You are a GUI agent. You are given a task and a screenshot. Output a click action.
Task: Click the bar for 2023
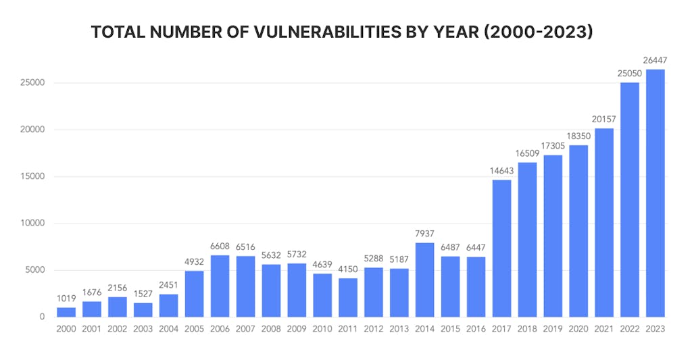click(x=655, y=193)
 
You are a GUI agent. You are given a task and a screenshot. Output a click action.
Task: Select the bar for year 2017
click(x=501, y=249)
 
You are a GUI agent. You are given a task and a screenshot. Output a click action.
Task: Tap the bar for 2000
click(x=66, y=312)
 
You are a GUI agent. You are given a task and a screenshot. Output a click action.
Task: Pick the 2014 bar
click(x=424, y=280)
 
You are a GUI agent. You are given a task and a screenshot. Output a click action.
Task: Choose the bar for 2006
click(x=220, y=286)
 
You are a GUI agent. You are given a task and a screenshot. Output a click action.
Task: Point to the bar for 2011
click(x=348, y=297)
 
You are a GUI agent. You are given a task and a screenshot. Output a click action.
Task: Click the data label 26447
click(x=655, y=61)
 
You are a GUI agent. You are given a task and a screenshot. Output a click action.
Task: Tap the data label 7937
click(x=424, y=234)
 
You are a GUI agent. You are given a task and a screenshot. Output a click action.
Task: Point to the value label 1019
click(x=66, y=299)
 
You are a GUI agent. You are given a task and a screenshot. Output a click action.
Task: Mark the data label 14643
click(x=501, y=171)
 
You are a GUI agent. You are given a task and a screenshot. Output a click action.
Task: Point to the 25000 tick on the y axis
click(x=32, y=83)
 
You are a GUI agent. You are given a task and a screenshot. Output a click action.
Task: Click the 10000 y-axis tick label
click(x=32, y=224)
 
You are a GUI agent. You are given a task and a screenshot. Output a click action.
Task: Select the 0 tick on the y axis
click(x=41, y=317)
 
